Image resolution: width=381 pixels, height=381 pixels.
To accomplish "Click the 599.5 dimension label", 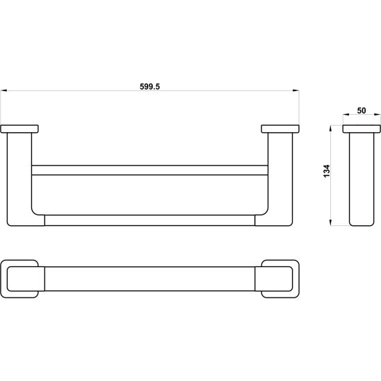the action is [x=149, y=86].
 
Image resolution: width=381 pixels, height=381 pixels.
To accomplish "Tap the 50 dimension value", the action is [x=362, y=111].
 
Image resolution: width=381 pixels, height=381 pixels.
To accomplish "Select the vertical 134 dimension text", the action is [x=327, y=171].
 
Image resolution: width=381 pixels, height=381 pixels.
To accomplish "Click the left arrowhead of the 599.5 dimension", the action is [x=3, y=90].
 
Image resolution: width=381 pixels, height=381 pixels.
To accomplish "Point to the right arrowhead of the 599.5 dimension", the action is [x=296, y=90].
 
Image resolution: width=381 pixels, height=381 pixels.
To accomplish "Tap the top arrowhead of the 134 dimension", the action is [x=330, y=128].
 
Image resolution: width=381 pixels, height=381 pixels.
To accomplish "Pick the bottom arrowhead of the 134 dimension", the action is [x=330, y=222].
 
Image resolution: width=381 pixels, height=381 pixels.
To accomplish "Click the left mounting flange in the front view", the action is [x=19, y=129].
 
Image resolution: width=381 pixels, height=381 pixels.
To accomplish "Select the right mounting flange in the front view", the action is [x=280, y=129].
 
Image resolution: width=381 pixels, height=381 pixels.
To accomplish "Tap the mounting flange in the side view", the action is [x=362, y=129].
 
